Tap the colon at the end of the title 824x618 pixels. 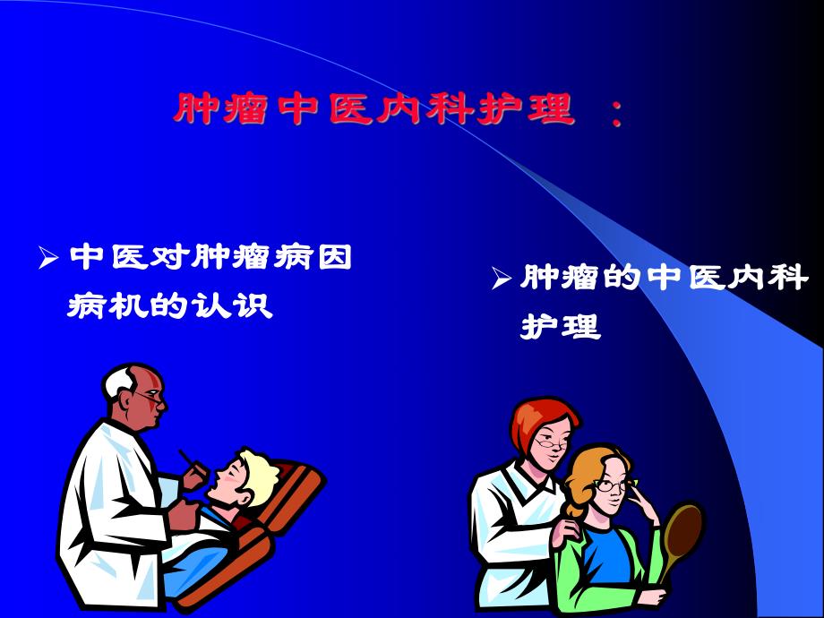(x=615, y=113)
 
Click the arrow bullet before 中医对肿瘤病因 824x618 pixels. (x=48, y=260)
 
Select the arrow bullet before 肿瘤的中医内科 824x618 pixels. (x=502, y=279)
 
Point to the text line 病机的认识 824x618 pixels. (x=170, y=307)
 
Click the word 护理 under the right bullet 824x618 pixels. (x=561, y=327)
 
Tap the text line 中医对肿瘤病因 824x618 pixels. (x=210, y=259)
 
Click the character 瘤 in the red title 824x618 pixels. (x=244, y=110)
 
